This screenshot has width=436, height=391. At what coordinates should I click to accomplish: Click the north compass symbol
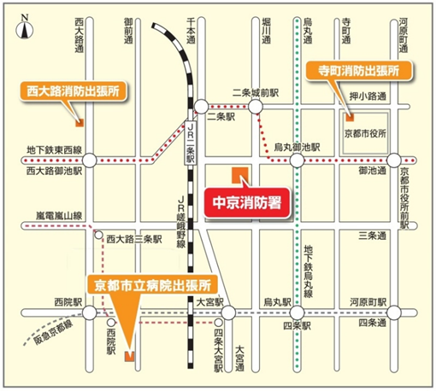(x=26, y=26)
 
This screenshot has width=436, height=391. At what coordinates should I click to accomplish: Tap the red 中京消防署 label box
(x=248, y=204)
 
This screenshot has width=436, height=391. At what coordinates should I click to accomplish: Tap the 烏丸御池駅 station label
(x=297, y=147)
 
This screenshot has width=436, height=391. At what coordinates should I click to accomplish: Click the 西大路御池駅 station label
(x=54, y=171)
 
